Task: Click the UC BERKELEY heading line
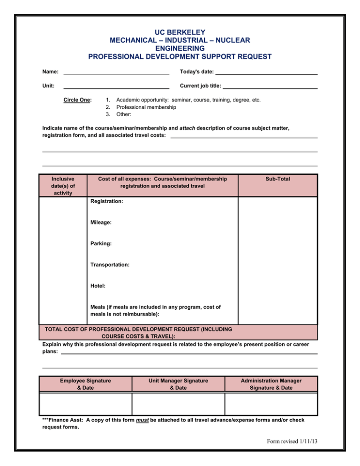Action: [180, 32]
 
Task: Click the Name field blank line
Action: [116, 73]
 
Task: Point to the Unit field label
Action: [48, 86]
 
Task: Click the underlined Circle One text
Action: [77, 100]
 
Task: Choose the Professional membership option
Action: [146, 107]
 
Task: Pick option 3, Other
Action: [123, 114]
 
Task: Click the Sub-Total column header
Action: [277, 179]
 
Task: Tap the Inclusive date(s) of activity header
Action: [62, 186]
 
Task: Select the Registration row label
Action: [106, 201]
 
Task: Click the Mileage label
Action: [101, 223]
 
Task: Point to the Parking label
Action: [101, 244]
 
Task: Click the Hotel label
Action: [98, 286]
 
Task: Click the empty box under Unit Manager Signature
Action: [178, 404]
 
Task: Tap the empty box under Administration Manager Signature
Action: [271, 404]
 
